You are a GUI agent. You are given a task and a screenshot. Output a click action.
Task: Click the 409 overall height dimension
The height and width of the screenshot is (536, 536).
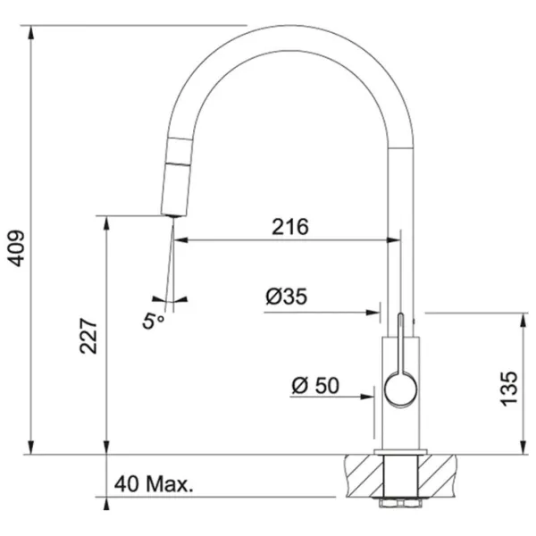click(x=16, y=248)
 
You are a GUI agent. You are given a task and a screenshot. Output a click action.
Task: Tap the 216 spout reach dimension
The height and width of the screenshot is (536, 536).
click(x=290, y=227)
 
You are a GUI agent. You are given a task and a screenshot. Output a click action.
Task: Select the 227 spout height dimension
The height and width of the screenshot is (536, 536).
click(x=88, y=336)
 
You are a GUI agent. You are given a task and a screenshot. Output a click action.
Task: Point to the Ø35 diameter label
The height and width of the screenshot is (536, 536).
click(x=287, y=296)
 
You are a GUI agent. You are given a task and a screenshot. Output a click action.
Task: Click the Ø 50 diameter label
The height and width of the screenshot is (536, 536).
click(x=315, y=385)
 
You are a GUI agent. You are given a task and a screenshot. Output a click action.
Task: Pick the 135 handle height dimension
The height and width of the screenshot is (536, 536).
click(x=509, y=389)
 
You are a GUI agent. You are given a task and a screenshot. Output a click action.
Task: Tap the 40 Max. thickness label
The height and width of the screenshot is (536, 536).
click(x=154, y=484)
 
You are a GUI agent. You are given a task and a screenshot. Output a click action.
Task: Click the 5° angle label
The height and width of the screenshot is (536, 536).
click(x=153, y=322)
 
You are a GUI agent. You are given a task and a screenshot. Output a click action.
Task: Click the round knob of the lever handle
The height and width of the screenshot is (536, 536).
click(x=400, y=389)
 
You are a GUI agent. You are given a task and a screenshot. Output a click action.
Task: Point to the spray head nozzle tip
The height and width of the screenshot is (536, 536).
click(x=173, y=215)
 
